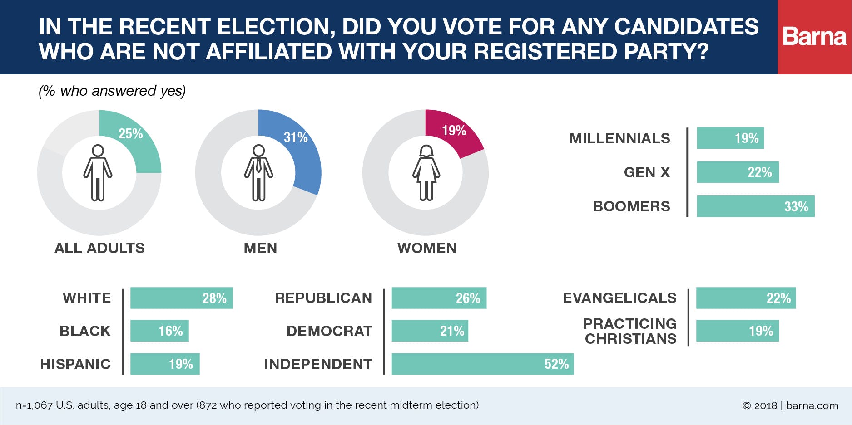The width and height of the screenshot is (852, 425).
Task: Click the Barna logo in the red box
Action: (x=814, y=37)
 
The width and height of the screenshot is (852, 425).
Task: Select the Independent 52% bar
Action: (x=482, y=364)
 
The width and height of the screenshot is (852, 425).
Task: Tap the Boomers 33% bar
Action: (x=755, y=206)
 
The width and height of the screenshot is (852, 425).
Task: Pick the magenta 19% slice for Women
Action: (x=454, y=134)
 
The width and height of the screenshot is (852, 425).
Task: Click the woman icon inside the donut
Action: (x=426, y=172)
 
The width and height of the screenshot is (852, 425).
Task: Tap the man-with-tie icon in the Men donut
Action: (x=258, y=172)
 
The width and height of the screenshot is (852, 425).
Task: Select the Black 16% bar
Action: (x=159, y=331)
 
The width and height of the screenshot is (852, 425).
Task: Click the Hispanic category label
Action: (x=75, y=364)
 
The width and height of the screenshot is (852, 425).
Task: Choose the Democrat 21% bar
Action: (x=430, y=331)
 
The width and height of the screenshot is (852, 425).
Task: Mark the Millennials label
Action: (x=619, y=138)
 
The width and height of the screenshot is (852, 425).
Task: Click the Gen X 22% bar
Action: (x=738, y=172)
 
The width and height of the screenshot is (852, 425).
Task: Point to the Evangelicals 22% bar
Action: (x=746, y=298)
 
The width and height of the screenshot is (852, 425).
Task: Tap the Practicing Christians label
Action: (x=630, y=331)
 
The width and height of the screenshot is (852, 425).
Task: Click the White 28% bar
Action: (x=181, y=298)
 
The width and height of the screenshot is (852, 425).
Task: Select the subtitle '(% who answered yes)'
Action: (x=112, y=91)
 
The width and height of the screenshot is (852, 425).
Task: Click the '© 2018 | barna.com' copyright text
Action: (x=790, y=405)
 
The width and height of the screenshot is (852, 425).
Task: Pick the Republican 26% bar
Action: (x=439, y=298)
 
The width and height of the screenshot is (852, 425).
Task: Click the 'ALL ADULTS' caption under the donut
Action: (x=99, y=248)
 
